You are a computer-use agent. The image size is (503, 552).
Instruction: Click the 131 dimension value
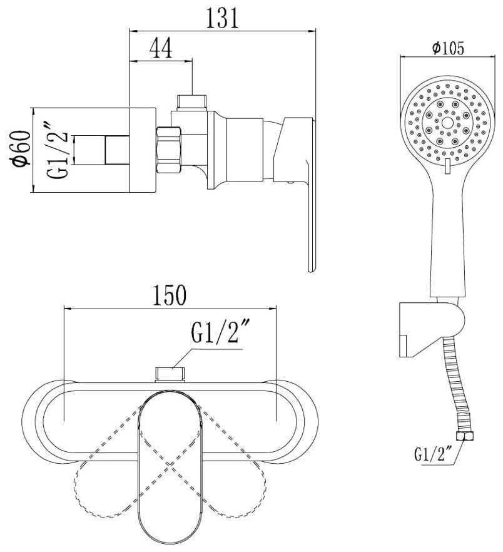coord(222,18)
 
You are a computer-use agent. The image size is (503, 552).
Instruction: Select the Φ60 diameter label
coord(20,148)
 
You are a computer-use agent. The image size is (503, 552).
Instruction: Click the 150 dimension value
coord(169,295)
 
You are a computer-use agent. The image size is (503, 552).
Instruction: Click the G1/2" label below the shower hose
coord(433,454)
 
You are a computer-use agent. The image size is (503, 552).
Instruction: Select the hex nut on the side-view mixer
coord(169,150)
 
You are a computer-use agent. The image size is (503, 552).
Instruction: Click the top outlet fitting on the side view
coord(192,103)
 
